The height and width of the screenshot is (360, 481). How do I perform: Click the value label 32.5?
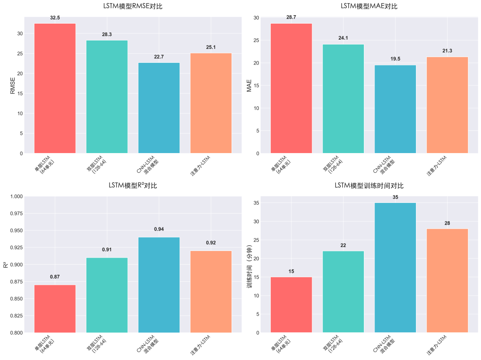(x=55, y=18)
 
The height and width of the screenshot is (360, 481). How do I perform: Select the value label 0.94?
(x=159, y=229)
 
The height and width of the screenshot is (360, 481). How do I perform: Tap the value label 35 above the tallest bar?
(x=395, y=197)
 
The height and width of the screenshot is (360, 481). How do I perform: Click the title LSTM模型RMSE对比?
(x=133, y=6)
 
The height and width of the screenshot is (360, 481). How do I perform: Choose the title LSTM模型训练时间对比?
(x=369, y=186)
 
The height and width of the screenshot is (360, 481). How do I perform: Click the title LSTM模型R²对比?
(x=133, y=186)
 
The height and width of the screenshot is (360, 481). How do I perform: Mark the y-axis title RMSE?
(x=13, y=85)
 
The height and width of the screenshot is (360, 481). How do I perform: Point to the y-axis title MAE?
(x=250, y=85)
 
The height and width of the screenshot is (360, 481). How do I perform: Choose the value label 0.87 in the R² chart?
(x=55, y=277)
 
